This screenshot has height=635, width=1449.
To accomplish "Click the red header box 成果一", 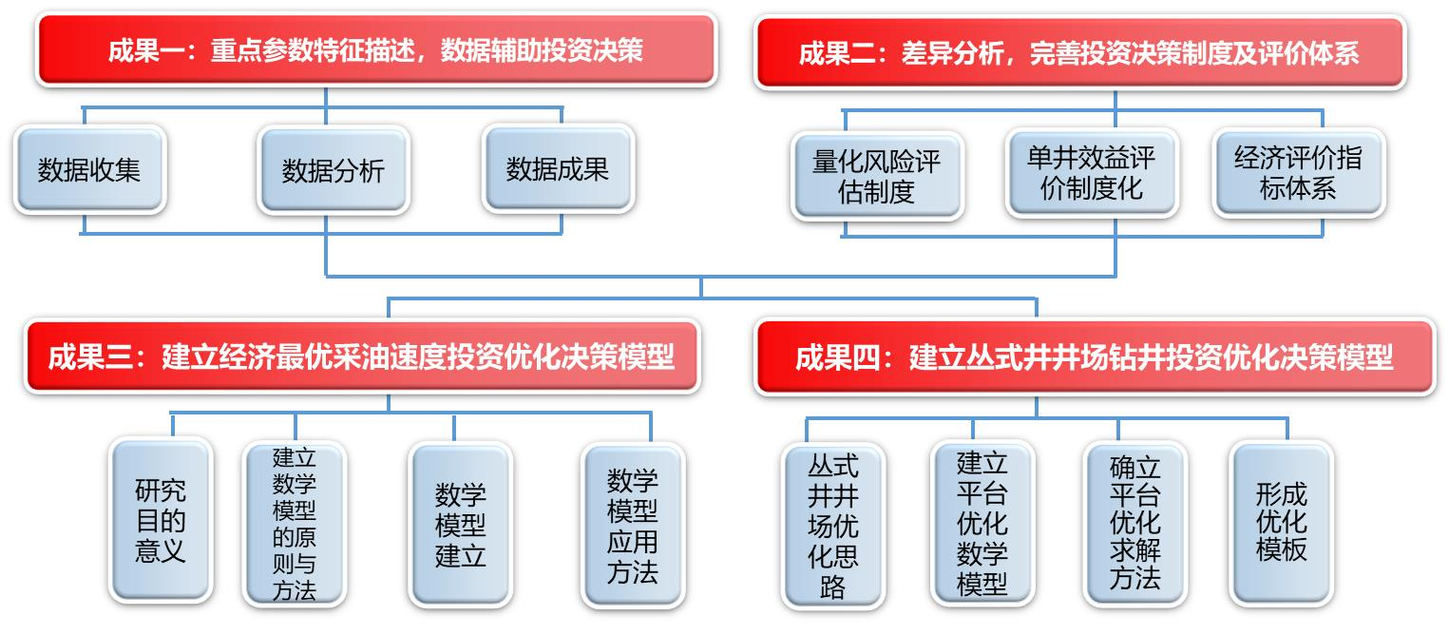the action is (x=376, y=49).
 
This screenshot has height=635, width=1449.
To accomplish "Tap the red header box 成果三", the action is (x=362, y=356).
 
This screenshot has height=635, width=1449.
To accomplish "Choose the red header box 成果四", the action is (x=1095, y=356).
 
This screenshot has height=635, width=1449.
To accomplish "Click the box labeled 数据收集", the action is (x=90, y=169).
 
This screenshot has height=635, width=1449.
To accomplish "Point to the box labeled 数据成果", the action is (x=558, y=169).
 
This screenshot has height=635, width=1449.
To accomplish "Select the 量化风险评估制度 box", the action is (x=877, y=176).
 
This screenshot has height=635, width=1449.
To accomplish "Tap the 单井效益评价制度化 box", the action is (x=1092, y=173).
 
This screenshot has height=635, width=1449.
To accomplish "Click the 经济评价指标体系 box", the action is (x=1298, y=173).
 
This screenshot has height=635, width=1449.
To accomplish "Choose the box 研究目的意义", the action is (x=161, y=521).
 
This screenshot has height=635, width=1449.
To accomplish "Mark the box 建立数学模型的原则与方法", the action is (x=295, y=524).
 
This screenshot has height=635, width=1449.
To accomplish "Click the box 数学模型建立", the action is (x=460, y=525).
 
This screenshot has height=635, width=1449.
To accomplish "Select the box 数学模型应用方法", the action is (x=633, y=525).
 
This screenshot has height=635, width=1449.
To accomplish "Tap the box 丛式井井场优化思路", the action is (x=833, y=526).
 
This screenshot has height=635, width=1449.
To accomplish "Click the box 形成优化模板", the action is (x=1281, y=523).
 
